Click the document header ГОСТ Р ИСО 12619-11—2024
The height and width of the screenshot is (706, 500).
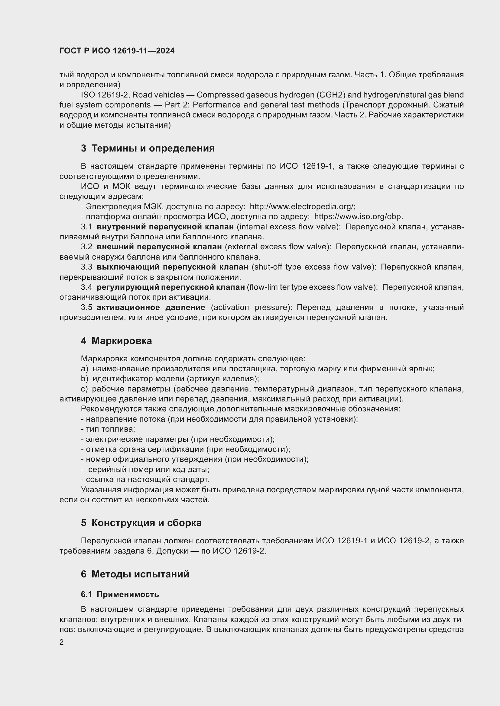[x=117, y=51]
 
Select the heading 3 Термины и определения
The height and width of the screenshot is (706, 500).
[x=148, y=149]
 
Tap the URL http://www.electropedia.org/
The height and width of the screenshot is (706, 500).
[x=302, y=206]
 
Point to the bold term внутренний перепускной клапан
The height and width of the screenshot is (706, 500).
[x=165, y=227]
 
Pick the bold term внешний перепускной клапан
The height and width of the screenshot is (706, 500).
[x=159, y=247]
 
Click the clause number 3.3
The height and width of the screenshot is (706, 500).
[x=86, y=267]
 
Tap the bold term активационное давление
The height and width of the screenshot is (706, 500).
[x=151, y=308]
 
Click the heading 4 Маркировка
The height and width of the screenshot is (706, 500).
[x=116, y=341]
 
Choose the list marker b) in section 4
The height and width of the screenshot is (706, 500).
[x=84, y=379]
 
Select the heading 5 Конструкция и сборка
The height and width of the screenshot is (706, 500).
[x=141, y=523]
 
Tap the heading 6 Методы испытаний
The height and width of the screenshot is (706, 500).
[x=135, y=574]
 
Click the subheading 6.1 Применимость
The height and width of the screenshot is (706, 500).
[x=120, y=595]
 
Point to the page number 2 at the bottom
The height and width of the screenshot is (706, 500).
[x=62, y=642]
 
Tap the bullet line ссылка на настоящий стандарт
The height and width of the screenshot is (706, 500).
[x=145, y=480]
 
